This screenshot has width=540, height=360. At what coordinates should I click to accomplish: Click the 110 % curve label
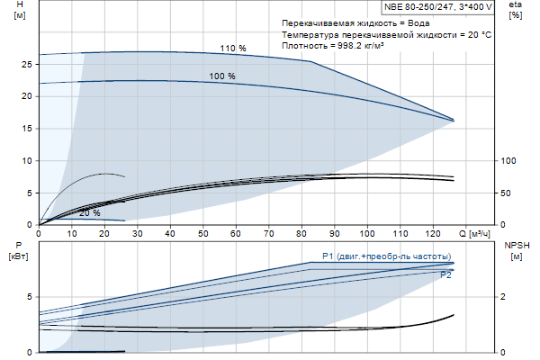pos(233,48)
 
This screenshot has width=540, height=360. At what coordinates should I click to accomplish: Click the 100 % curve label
pos(222,76)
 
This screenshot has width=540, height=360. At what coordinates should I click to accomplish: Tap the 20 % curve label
pos(89,213)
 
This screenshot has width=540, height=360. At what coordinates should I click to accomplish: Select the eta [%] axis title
pos(515,10)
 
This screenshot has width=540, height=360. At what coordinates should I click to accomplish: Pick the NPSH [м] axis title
pos(516,250)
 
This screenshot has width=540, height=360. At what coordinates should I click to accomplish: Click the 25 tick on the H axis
pos(27,64)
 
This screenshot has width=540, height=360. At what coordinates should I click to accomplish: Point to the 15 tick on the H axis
pos(27,128)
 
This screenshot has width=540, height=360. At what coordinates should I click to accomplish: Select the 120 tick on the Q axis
pos(433,233)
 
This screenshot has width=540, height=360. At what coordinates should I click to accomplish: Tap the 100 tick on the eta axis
pos(509,160)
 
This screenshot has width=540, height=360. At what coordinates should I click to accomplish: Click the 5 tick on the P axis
pos(30,296)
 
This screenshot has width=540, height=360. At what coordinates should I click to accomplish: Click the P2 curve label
pos(445,275)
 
